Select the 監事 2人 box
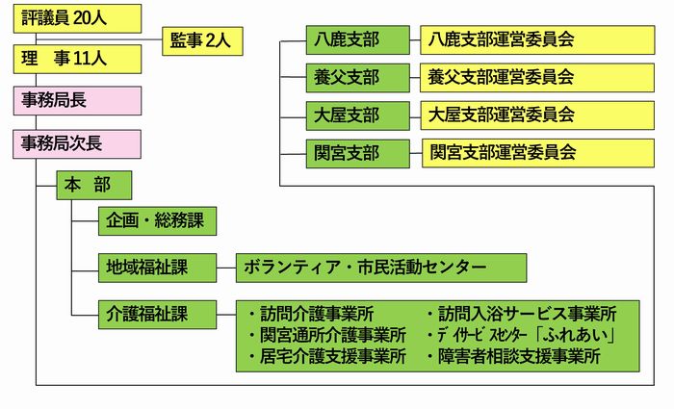click(202, 40)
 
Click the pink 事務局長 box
click(77, 100)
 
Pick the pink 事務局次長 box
click(77, 143)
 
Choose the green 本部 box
click(93, 184)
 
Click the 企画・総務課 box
click(157, 220)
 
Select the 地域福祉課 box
click(157, 267)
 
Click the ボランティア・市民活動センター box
click(381, 267)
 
